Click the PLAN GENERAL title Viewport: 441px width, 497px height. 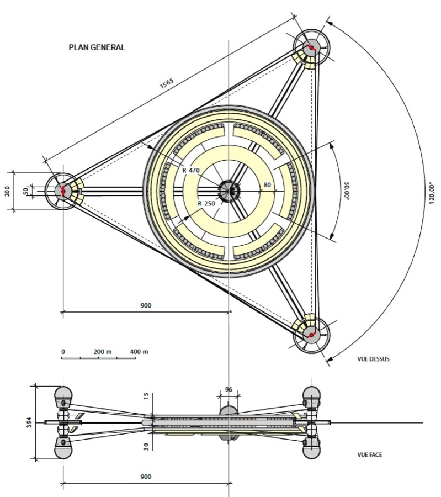click(97, 47)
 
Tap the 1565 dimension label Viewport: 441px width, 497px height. click(167, 83)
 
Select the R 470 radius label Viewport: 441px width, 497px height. click(191, 170)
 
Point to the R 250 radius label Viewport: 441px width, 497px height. click(206, 203)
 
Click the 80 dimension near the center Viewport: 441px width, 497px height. click(267, 185)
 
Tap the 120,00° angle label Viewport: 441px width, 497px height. click(432, 193)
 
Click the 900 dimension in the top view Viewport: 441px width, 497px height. click(146, 305)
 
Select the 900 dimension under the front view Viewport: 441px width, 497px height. click(146, 477)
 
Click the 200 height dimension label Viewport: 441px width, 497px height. click(7, 191)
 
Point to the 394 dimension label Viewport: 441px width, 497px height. click(29, 422)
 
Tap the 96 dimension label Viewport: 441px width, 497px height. click(229, 389)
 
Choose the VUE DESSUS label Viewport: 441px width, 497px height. click(374, 359)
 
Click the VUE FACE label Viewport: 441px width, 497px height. click(370, 455)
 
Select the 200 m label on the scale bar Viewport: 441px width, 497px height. click(103, 352)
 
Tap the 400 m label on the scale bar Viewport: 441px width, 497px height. click(139, 352)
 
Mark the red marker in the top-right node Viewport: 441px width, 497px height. click(311, 48)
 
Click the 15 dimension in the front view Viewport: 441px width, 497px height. click(146, 396)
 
